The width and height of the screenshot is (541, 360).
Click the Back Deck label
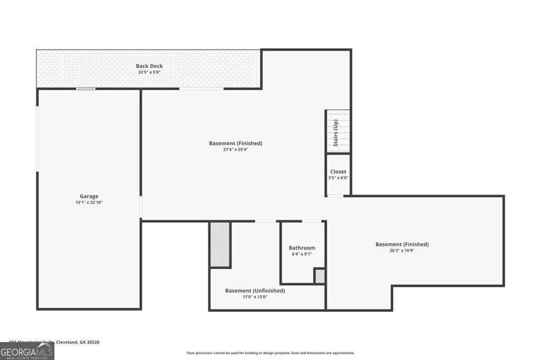pos(149,66)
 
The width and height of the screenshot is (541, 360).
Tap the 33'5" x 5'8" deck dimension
pos(149,72)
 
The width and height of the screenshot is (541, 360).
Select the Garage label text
pos(89,196)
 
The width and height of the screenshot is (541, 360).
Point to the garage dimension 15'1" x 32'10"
pos(89,203)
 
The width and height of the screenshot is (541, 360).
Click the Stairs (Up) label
pos(335,134)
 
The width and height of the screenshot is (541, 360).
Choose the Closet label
pos(338,172)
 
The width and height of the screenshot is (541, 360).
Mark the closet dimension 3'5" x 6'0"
pos(338,178)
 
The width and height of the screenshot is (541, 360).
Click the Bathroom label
pos(302,248)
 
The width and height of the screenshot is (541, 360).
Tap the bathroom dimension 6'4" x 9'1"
pos(302,254)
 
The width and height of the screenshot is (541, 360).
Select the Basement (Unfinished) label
pos(255,290)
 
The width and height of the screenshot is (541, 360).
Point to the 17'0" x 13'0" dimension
pos(255,297)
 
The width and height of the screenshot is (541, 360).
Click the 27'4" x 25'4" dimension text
pos(236,149)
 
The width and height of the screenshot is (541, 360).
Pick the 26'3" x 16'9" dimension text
pos(402,251)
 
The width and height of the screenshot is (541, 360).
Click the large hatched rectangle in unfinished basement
pos(220,244)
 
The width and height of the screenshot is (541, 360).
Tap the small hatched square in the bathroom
pos(319,276)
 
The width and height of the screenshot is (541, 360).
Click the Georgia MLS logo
pos(27,351)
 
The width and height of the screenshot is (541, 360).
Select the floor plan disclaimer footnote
pos(270,353)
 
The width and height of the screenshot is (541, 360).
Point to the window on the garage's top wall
pos(86,89)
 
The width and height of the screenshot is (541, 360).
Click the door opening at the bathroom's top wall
pos(311,221)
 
